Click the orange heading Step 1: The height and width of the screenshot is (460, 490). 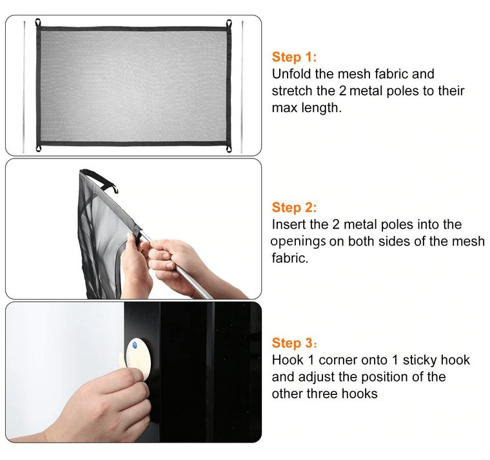coord(294,57)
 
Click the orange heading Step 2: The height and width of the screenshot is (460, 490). coord(294,207)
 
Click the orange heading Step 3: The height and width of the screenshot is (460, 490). coord(294,343)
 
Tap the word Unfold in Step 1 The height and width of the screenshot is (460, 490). coord(291,74)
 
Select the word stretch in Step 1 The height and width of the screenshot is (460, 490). coord(292,91)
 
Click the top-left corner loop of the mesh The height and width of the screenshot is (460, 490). coord(38,23)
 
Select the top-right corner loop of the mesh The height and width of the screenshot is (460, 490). coord(229,23)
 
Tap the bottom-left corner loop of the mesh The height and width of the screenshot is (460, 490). coord(39,148)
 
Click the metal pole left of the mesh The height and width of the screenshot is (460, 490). coord(24,87)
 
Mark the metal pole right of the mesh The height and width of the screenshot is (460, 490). coord(242,87)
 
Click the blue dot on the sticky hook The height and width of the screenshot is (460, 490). coord(135,345)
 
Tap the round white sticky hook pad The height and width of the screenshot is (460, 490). coord(139,359)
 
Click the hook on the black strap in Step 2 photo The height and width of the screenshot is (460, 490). coord(114,189)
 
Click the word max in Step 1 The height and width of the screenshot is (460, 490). coord(284,108)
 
